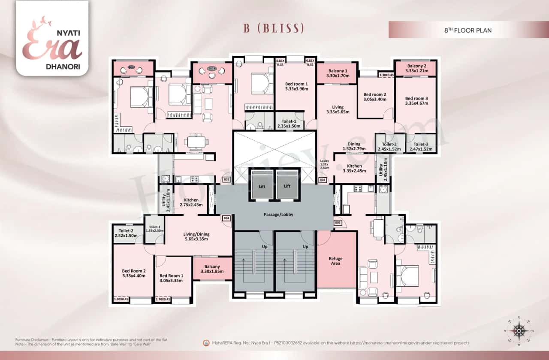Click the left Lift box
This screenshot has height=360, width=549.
click(261, 186)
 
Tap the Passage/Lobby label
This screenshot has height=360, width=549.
click(278, 214)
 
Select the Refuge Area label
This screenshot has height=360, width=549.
click(335, 261)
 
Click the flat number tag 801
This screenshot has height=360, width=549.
click(226, 180)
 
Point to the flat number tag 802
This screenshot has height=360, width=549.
click(323, 180)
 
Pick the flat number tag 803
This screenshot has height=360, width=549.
click(338, 223)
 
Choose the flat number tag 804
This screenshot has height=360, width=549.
click(226, 218)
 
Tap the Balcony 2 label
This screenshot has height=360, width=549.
click(416, 69)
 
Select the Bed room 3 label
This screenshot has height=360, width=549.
click(416, 101)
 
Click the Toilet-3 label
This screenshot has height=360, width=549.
click(421, 147)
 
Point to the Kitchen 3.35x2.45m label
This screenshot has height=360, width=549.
click(354, 168)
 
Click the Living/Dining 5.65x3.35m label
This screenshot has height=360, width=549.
click(196, 237)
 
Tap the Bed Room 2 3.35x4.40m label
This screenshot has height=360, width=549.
click(133, 273)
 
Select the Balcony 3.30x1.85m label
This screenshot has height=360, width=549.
click(212, 269)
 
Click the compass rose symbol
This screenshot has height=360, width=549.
click(519, 331)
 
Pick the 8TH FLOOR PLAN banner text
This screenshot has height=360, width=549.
click(468, 30)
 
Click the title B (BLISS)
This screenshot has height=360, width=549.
click(274, 29)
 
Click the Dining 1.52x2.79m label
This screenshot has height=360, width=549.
click(354, 147)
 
